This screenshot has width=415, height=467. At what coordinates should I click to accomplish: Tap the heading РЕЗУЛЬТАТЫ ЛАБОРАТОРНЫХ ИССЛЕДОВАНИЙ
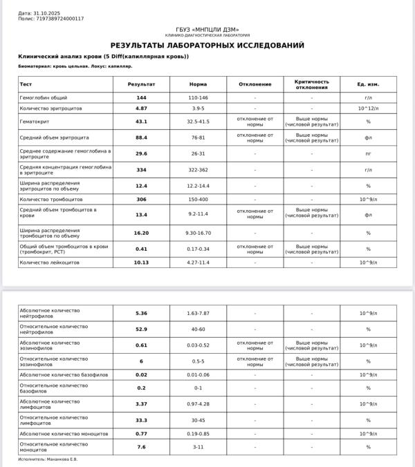207,46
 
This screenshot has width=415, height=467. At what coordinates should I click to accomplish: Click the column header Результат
141,84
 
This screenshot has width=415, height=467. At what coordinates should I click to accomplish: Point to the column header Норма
198,84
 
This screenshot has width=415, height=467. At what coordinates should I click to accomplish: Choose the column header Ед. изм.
368,84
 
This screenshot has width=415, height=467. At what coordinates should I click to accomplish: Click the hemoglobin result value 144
141,98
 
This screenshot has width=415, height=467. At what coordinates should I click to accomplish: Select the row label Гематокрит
34,122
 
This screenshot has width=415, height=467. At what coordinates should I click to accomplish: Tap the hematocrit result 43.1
141,122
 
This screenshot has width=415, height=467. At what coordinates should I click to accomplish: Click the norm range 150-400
198,199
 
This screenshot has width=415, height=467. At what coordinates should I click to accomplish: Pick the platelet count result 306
141,199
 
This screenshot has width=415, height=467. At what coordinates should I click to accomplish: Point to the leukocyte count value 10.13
141,263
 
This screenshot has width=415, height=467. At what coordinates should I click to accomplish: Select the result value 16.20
141,233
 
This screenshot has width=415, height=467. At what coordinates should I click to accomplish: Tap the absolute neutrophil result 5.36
141,314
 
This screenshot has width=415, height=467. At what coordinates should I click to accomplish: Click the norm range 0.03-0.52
198,345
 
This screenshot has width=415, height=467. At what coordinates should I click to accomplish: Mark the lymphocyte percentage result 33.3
141,420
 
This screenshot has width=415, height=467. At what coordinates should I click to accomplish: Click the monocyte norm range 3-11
198,447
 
